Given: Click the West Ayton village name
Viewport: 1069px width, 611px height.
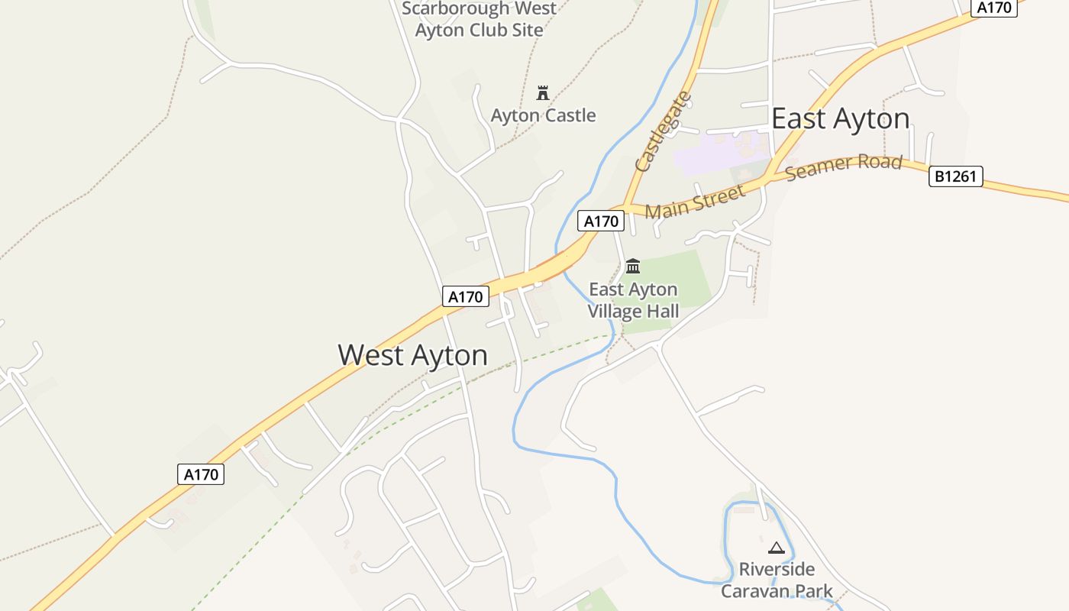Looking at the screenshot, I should point(412,355).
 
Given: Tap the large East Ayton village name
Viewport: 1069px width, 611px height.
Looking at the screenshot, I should point(840,119).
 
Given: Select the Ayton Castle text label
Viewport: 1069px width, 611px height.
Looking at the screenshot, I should point(543,115).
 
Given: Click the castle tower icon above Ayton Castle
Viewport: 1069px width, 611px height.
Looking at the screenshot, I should point(543,93).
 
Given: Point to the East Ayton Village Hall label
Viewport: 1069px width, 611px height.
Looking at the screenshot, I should point(633,300).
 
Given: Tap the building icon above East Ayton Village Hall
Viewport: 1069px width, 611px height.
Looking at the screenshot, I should point(633,267).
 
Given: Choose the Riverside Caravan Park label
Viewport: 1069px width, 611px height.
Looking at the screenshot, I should point(777,580).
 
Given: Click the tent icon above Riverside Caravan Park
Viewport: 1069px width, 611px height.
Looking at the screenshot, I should point(777,548).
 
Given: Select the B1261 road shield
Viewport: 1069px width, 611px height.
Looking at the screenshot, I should point(955,177).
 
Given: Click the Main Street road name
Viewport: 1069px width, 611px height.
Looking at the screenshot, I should point(695,200).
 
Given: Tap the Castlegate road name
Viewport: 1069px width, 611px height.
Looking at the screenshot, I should point(663,131).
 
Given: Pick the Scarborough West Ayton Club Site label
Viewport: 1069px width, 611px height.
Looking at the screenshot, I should point(479,20).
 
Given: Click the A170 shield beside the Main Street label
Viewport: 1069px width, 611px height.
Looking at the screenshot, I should point(601,221).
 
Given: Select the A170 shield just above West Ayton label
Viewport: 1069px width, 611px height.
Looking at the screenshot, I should point(465,296).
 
